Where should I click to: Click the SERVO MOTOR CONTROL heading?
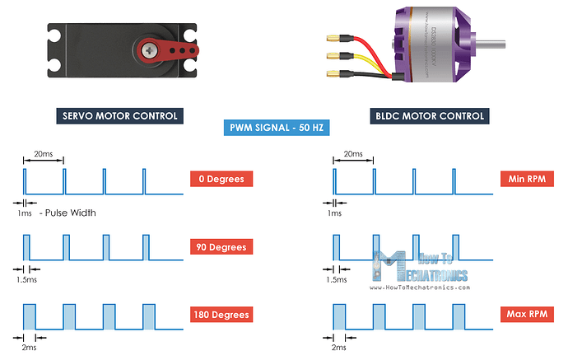119,116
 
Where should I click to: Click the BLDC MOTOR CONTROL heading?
429,116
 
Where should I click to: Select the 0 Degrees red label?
221,179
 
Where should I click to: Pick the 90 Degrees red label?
221,247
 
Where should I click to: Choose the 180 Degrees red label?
221,315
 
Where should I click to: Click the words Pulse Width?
72,213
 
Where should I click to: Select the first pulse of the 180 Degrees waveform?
30,316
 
